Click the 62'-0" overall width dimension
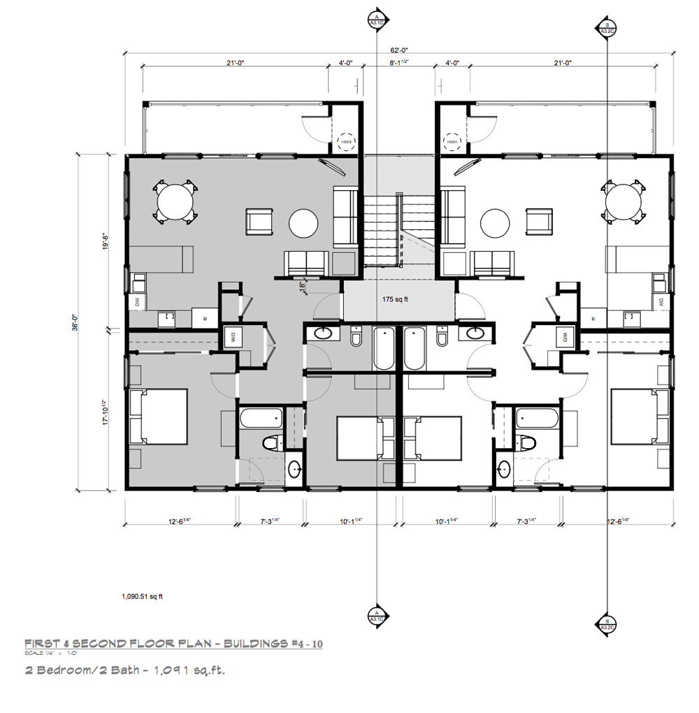(400, 50)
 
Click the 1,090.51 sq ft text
(143, 597)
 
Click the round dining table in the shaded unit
(175, 201)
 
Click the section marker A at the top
(377, 18)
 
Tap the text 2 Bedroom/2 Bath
(77, 670)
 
